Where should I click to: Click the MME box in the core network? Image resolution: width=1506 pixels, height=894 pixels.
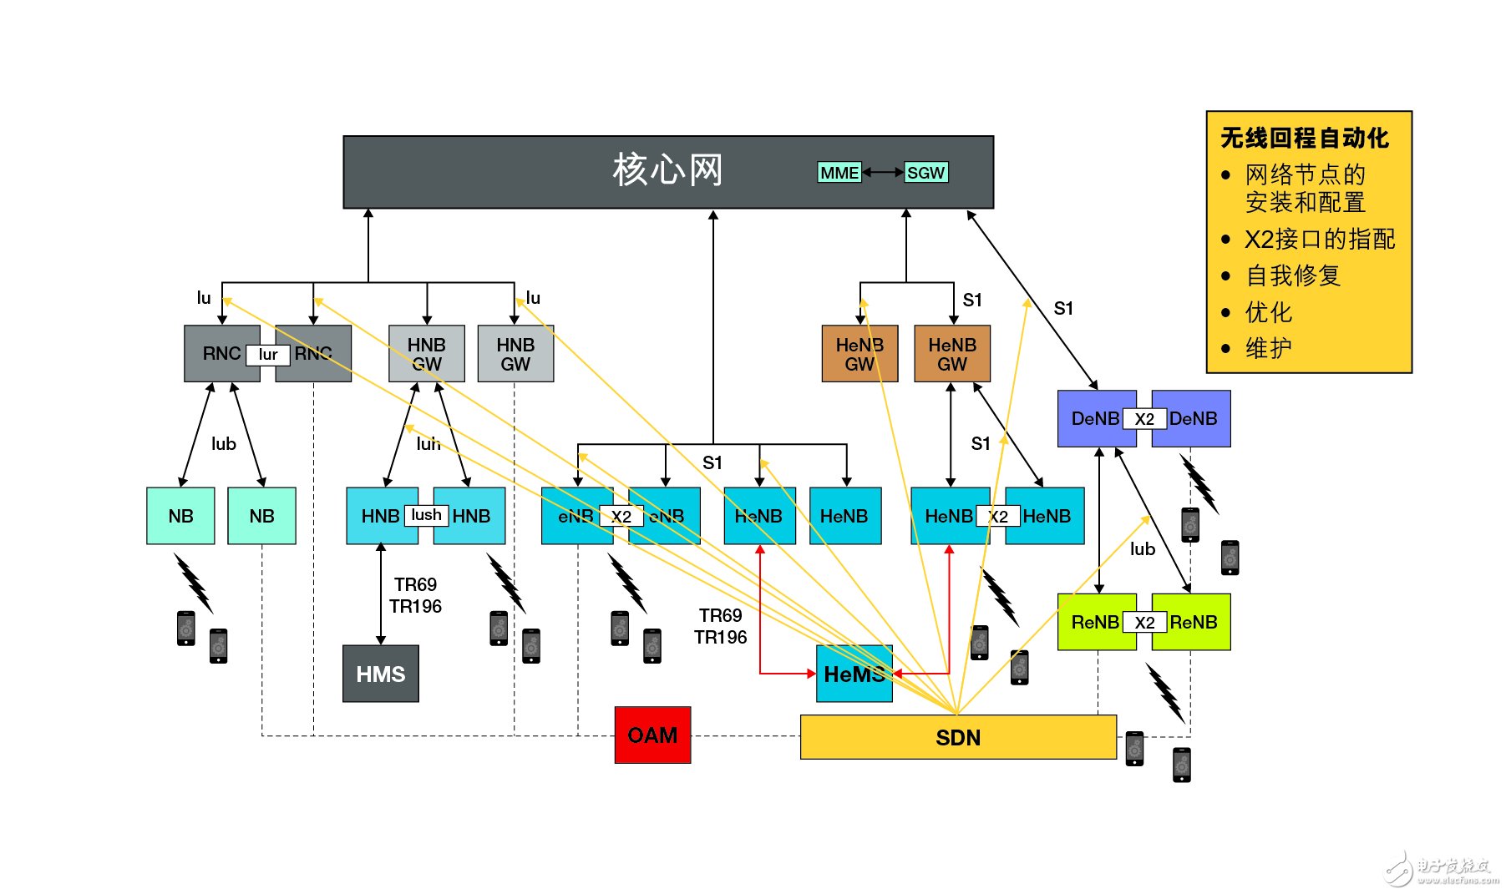[839, 173]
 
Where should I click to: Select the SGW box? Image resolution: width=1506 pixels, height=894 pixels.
[925, 173]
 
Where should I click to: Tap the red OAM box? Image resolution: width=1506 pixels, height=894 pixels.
[652, 735]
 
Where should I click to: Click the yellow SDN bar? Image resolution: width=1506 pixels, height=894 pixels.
[958, 738]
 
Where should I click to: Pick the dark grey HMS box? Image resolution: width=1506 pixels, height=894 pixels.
[380, 674]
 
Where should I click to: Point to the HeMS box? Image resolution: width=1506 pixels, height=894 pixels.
[854, 674]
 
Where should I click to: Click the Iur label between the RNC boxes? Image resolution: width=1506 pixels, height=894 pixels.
[267, 355]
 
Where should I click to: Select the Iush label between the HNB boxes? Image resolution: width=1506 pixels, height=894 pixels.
[426, 515]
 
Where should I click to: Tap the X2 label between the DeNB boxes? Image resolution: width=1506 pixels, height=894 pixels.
[1144, 419]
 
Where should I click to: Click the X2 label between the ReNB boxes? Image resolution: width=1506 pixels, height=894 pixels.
[1144, 623]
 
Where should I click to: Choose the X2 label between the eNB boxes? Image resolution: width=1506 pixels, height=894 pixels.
[621, 517]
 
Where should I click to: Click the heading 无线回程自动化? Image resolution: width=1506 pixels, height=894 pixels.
[1304, 138]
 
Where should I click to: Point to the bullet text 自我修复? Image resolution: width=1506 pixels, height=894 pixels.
[1292, 275]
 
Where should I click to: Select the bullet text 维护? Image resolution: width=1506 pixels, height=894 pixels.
[1268, 348]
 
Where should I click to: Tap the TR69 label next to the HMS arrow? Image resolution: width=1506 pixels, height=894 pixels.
[415, 584]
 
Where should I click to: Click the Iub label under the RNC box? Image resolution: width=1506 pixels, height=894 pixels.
[223, 444]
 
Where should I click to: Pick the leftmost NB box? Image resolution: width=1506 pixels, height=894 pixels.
[180, 516]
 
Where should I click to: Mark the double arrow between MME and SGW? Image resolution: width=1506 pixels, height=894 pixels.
[883, 173]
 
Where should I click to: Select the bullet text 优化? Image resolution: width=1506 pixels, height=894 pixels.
[1268, 312]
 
